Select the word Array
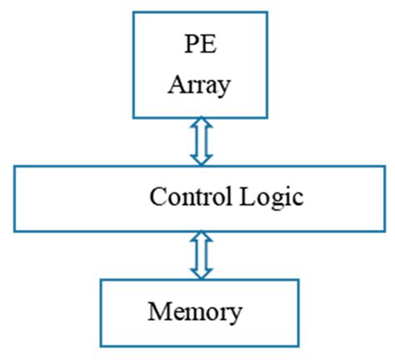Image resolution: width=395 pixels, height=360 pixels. click(x=198, y=85)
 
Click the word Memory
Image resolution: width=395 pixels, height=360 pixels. click(x=195, y=312)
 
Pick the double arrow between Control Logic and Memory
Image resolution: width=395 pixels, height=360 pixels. click(x=200, y=255)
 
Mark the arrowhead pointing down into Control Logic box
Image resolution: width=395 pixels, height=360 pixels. click(x=200, y=158)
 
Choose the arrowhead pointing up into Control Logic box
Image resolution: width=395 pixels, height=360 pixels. click(x=200, y=238)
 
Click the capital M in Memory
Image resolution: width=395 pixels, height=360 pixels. click(x=159, y=312)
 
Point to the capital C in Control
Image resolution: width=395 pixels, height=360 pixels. click(x=156, y=198)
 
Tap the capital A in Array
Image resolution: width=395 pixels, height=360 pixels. click(x=177, y=85)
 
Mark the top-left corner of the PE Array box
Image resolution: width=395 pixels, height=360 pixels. click(x=132, y=12)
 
